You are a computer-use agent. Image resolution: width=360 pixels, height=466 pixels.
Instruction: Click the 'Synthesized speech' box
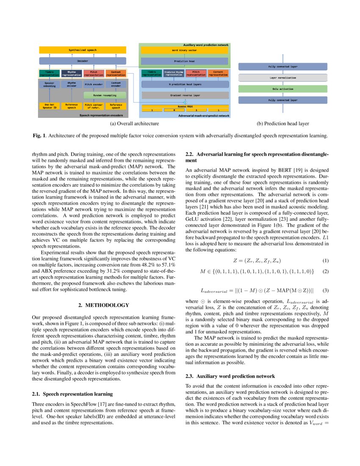click(83, 50)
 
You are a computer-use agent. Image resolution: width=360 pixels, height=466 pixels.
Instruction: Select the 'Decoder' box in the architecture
click(83, 61)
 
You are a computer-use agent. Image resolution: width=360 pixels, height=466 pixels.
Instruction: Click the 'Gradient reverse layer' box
click(185, 96)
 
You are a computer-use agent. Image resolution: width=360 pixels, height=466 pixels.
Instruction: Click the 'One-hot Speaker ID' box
click(49, 105)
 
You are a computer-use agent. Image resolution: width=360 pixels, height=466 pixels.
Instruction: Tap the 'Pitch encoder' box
click(94, 84)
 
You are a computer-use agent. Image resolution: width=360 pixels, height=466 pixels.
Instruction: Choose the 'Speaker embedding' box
click(49, 84)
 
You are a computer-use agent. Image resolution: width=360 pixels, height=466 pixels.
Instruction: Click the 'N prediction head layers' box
click(185, 84)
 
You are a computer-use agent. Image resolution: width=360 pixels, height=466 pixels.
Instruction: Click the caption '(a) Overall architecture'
click(134, 124)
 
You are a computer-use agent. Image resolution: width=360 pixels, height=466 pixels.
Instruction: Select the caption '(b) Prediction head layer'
click(282, 124)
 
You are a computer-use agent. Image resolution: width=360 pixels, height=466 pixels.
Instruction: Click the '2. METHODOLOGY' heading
click(104, 305)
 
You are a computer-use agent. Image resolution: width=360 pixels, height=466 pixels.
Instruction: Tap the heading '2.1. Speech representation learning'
click(72, 394)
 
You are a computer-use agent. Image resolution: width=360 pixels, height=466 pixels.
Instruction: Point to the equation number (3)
click(325, 291)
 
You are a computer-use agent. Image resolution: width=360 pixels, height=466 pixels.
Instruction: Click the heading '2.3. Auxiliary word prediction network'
click(230, 376)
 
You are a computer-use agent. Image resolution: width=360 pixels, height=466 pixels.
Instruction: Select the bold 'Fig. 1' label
click(39, 136)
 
